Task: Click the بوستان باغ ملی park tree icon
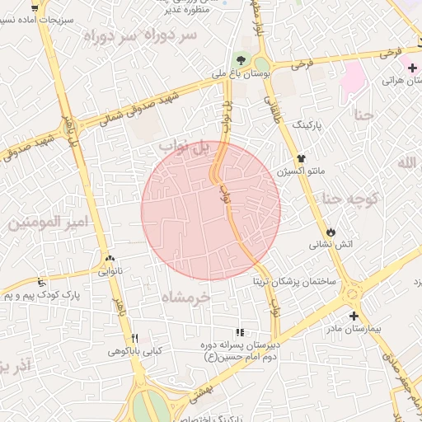(x=241, y=59)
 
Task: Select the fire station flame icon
(x=331, y=232)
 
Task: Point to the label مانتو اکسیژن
(x=302, y=171)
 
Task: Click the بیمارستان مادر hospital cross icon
(x=354, y=316)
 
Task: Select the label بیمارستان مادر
(x=355, y=329)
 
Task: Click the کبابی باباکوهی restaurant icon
(x=134, y=338)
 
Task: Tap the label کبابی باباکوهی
(x=134, y=351)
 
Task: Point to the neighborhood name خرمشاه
(x=186, y=296)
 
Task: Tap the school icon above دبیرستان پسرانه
(x=240, y=332)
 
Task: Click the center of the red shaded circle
(x=211, y=211)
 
